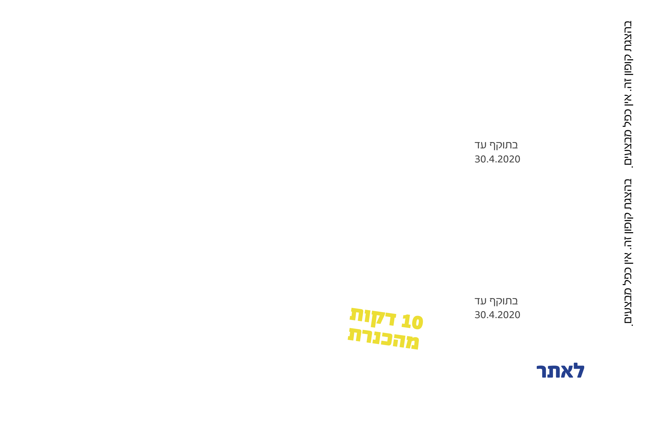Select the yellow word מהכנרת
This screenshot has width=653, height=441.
[x=383, y=338]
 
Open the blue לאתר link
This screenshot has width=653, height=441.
[x=561, y=371]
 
